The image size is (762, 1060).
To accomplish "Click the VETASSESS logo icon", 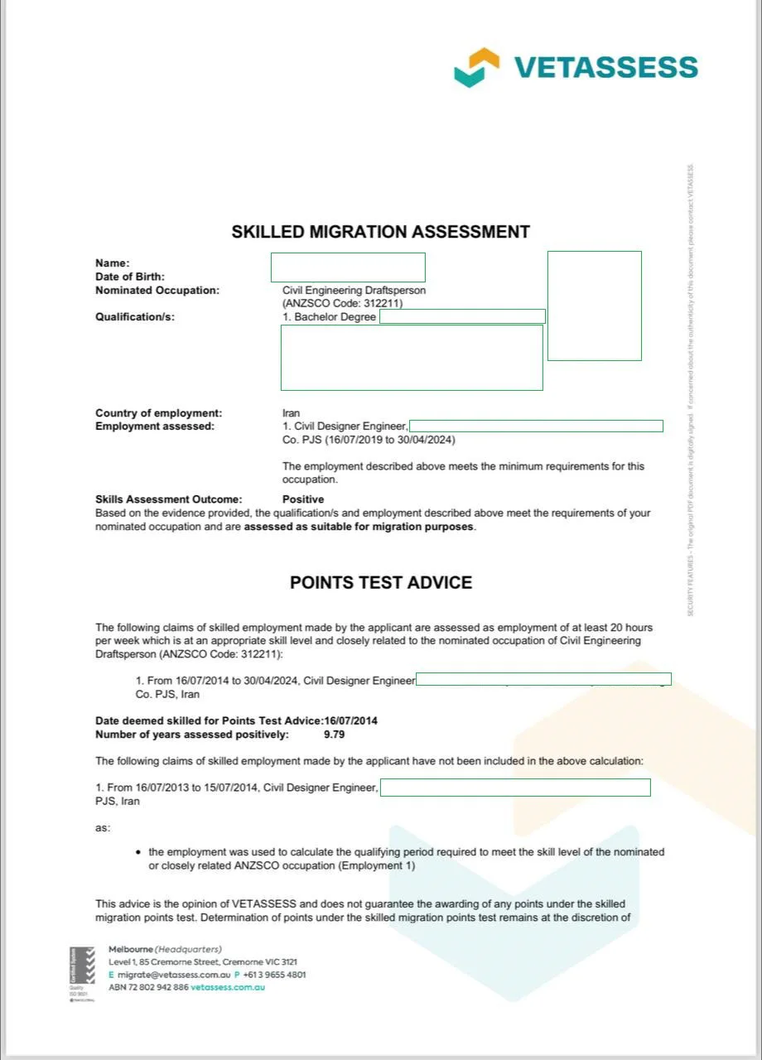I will [x=477, y=67].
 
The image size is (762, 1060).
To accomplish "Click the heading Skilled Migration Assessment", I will [x=380, y=232].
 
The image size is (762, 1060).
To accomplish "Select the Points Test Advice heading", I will [x=380, y=582].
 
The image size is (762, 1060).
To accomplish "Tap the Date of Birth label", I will [x=130, y=277].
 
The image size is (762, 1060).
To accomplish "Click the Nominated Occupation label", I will [x=157, y=291].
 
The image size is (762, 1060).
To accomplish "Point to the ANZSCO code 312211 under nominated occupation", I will [x=343, y=304].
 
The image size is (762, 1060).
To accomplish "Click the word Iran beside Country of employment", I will [x=291, y=413].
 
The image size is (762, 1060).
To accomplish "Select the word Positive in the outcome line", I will [x=303, y=499].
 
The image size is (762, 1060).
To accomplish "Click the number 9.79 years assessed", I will [x=334, y=735].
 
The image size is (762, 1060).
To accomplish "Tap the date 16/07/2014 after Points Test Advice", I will [x=351, y=721].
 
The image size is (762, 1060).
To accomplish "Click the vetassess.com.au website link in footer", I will [x=228, y=987].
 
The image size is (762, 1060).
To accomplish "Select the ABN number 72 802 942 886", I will [x=160, y=987].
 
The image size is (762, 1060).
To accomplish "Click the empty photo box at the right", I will [x=594, y=306].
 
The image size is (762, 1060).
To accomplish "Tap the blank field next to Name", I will [x=348, y=267].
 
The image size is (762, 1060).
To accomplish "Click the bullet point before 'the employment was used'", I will [x=137, y=852].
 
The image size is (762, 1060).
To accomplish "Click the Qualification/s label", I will [x=135, y=316].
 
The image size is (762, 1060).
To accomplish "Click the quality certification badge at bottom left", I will [x=81, y=974].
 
